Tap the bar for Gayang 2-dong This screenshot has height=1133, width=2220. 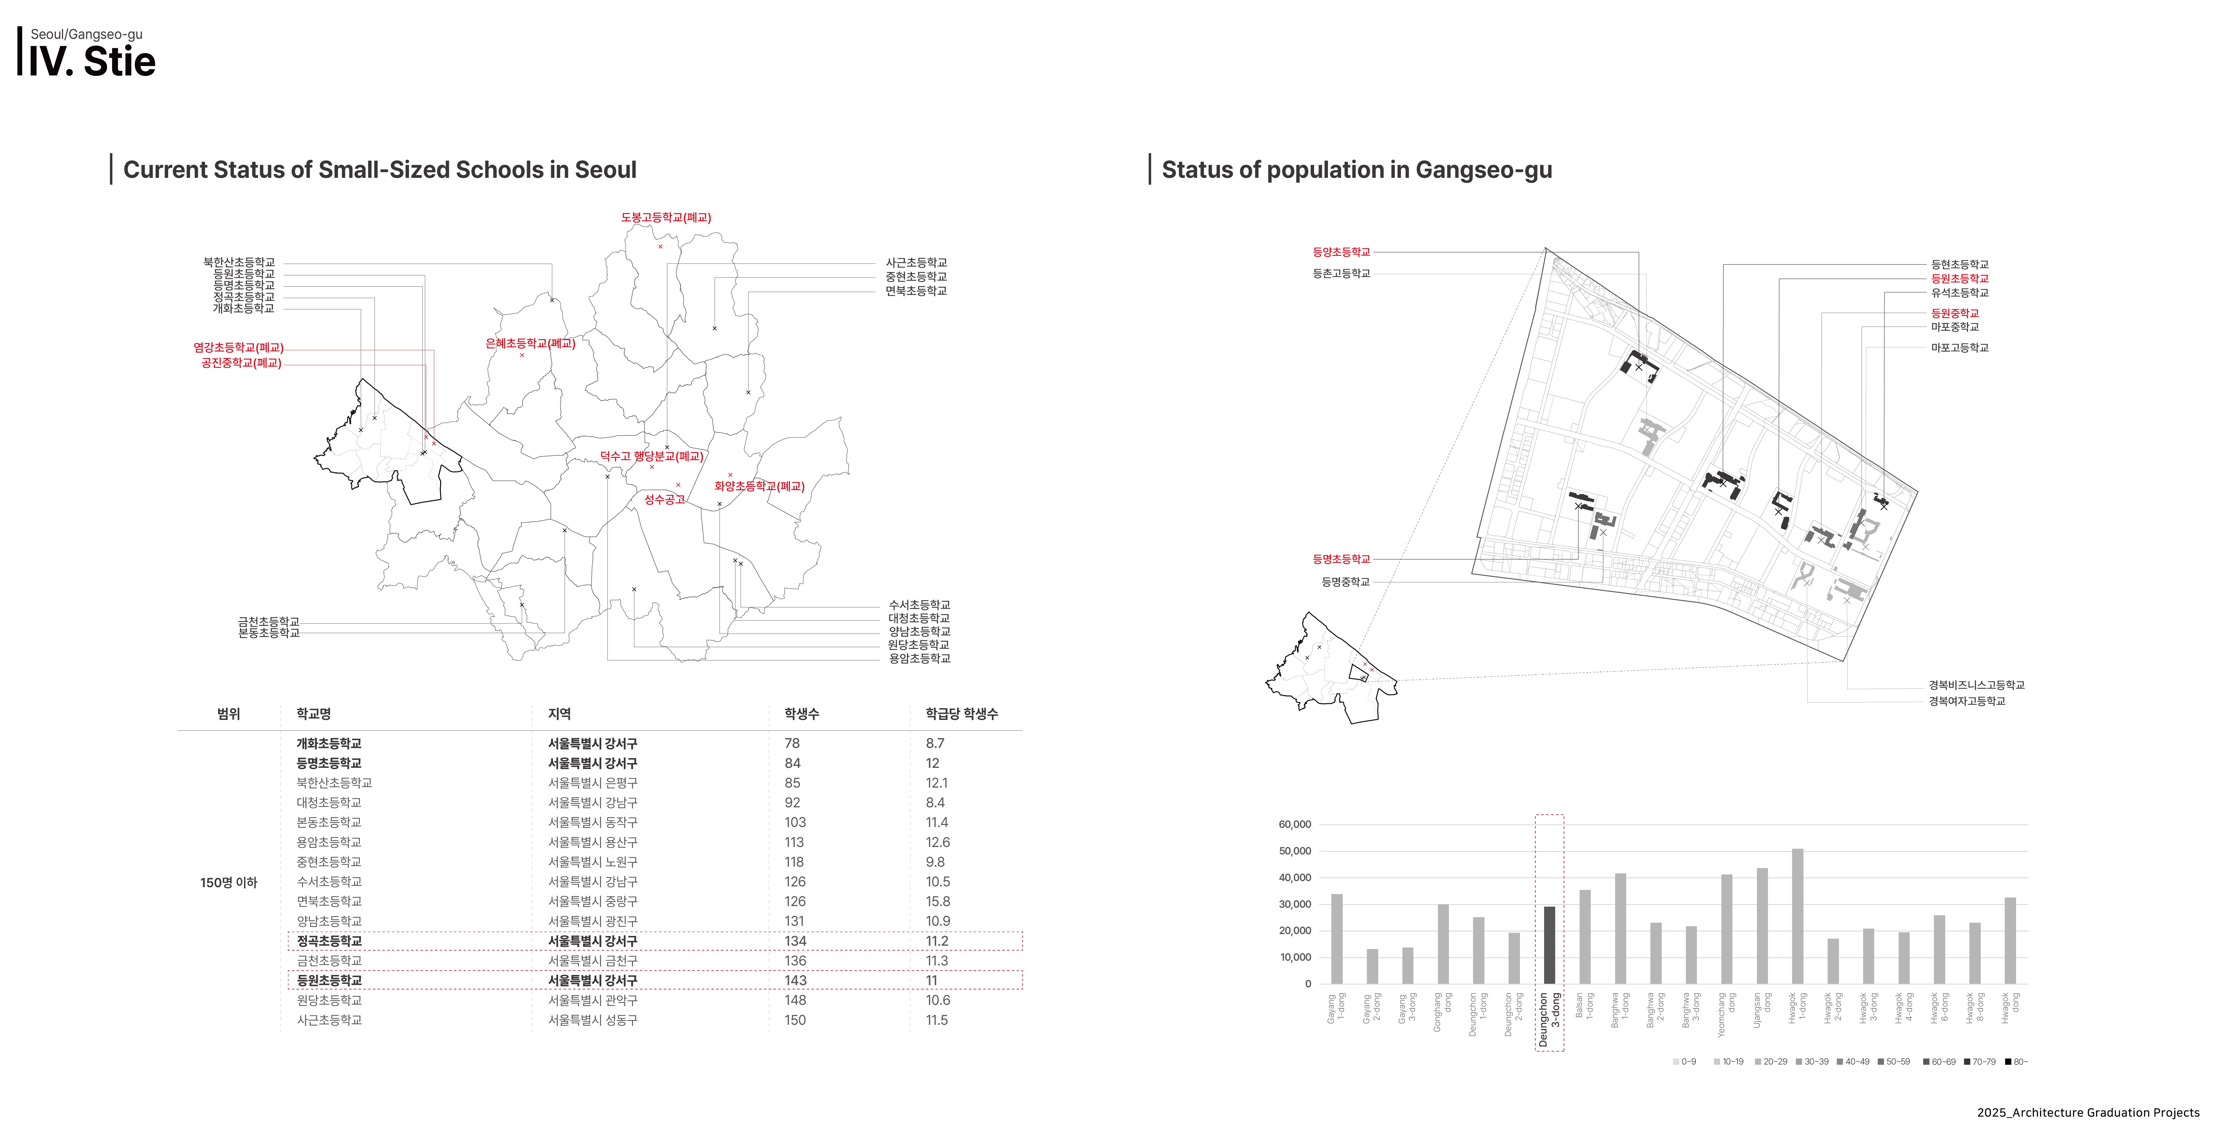click(x=1372, y=967)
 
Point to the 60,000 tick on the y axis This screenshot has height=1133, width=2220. click(x=1294, y=825)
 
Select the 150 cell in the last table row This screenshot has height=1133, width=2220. click(x=795, y=1020)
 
